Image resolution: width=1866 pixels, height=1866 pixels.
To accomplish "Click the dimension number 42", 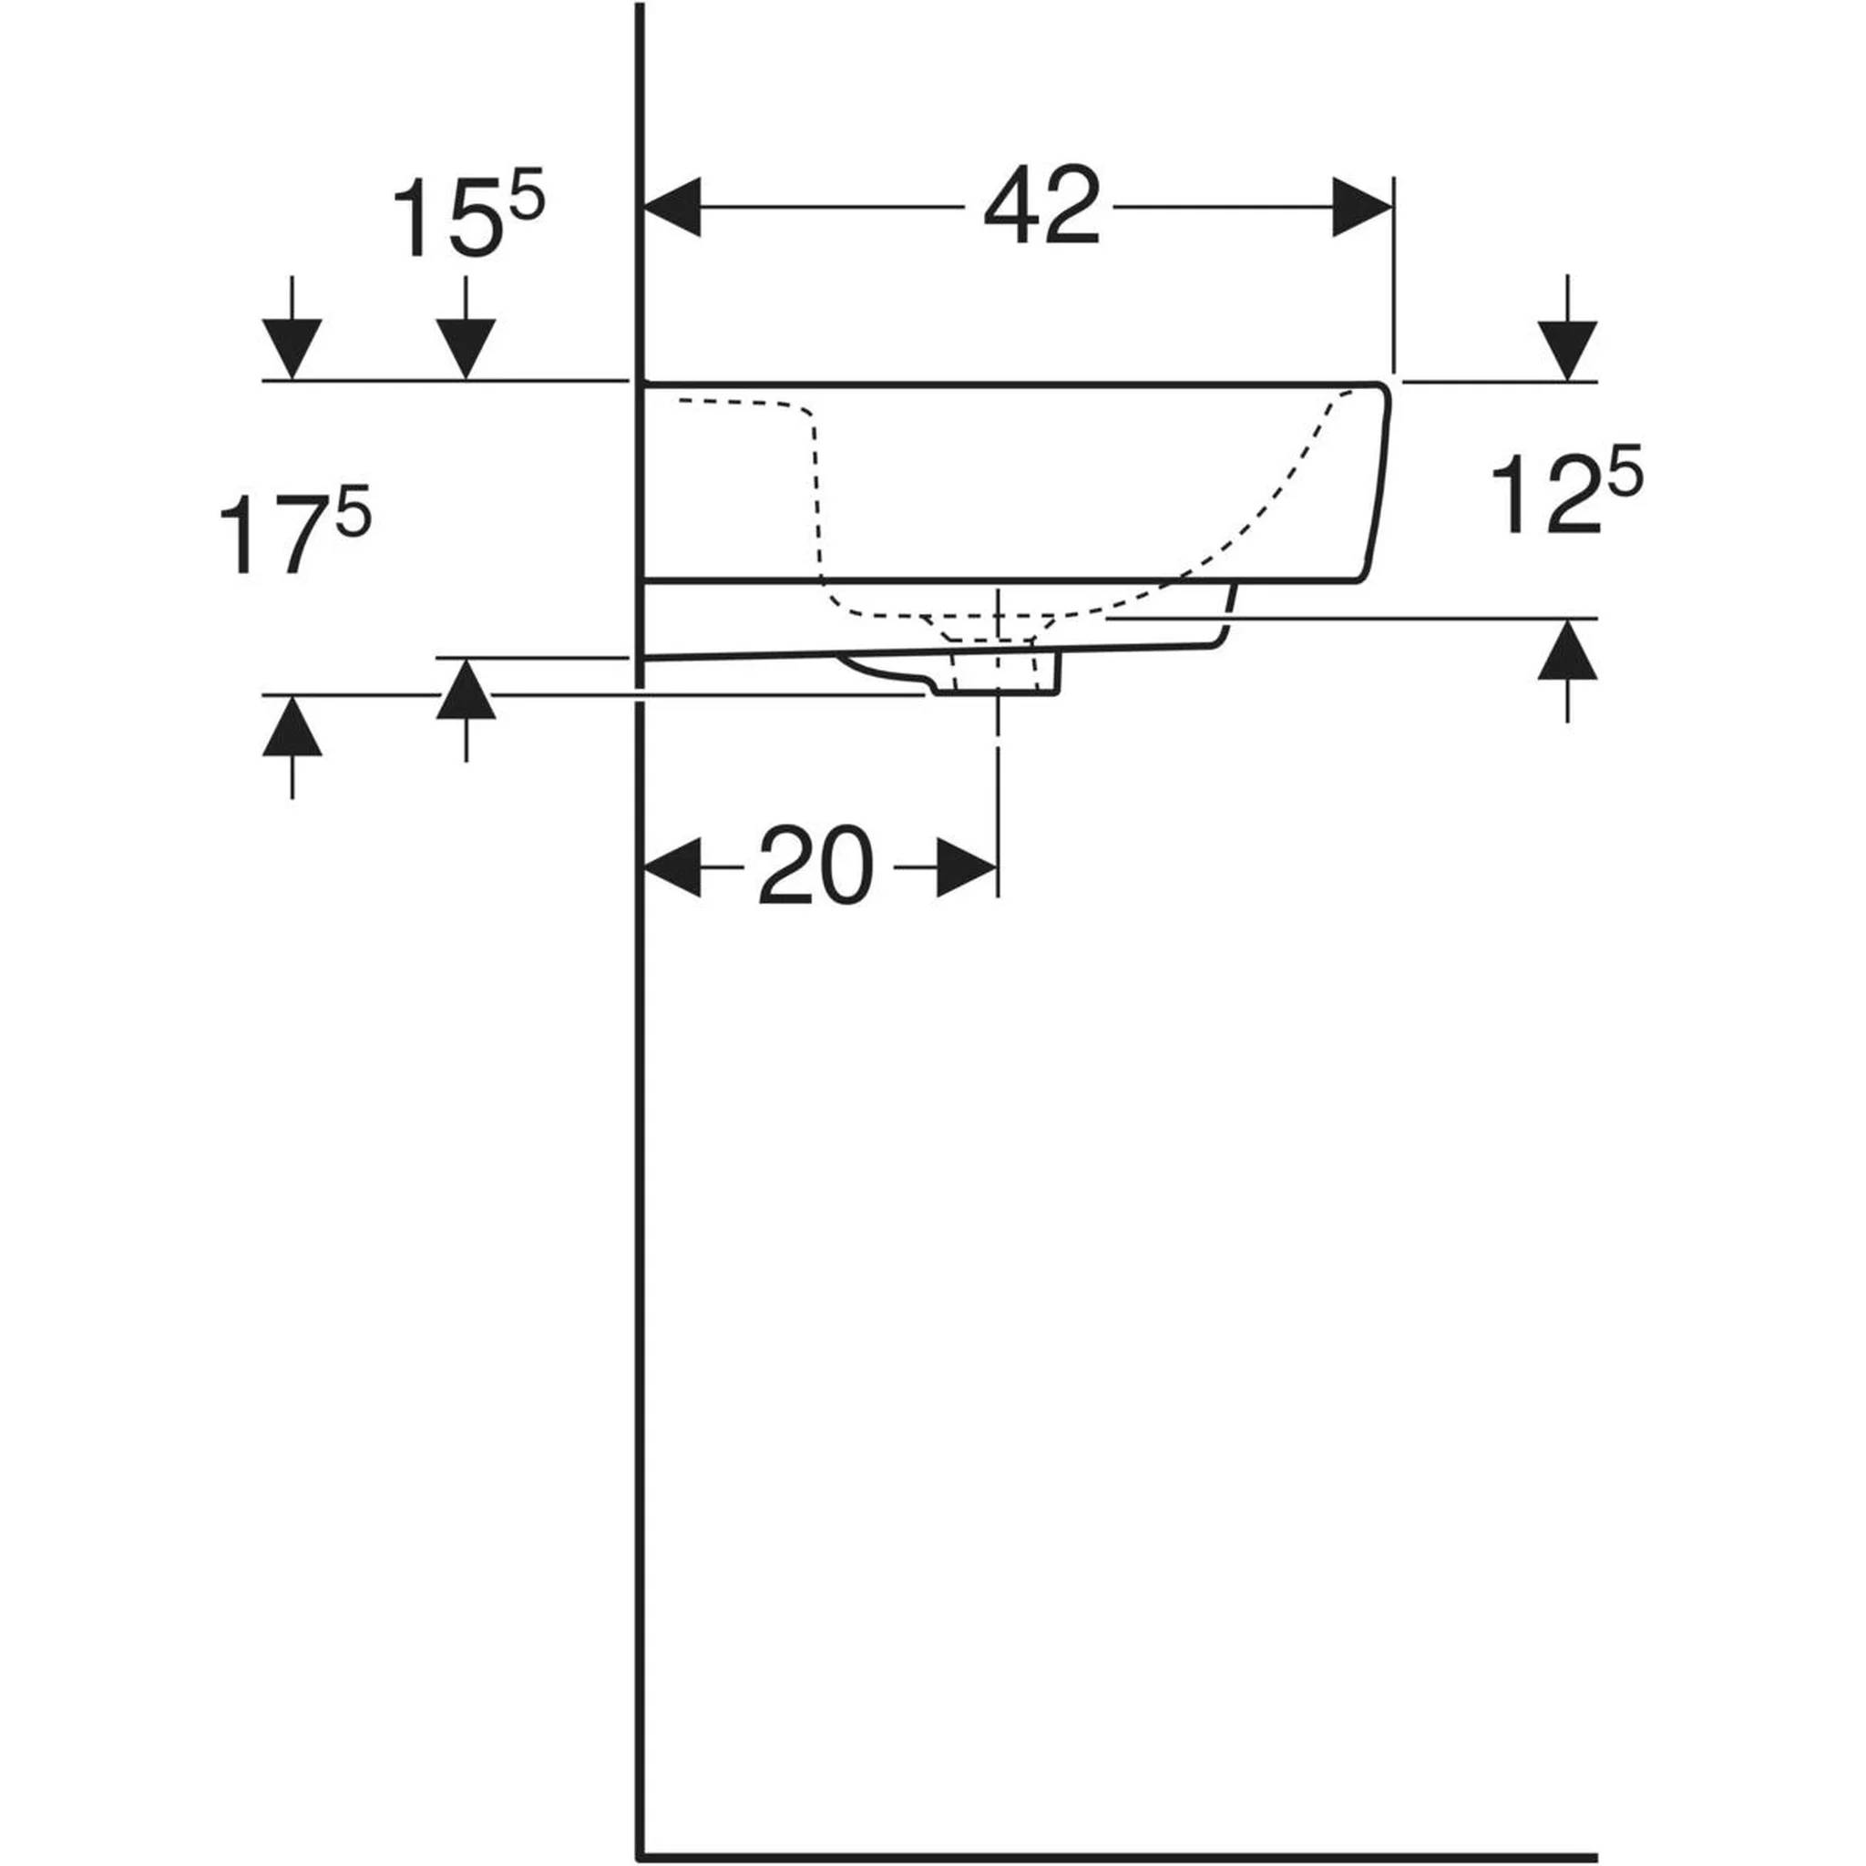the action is coord(1041,205).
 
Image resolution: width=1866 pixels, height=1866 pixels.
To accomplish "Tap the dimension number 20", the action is coord(816,866).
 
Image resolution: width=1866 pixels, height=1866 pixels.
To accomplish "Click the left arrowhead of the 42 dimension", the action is coord(672,207).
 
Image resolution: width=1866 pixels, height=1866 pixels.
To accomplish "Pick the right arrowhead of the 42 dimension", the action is coord(1362,207).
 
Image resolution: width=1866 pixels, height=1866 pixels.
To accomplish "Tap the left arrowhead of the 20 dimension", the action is coord(672,867).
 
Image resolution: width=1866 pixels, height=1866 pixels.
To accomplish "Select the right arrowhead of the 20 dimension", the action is coord(967,867).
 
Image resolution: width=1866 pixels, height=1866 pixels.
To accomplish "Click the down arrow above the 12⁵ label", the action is coord(1567,328).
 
